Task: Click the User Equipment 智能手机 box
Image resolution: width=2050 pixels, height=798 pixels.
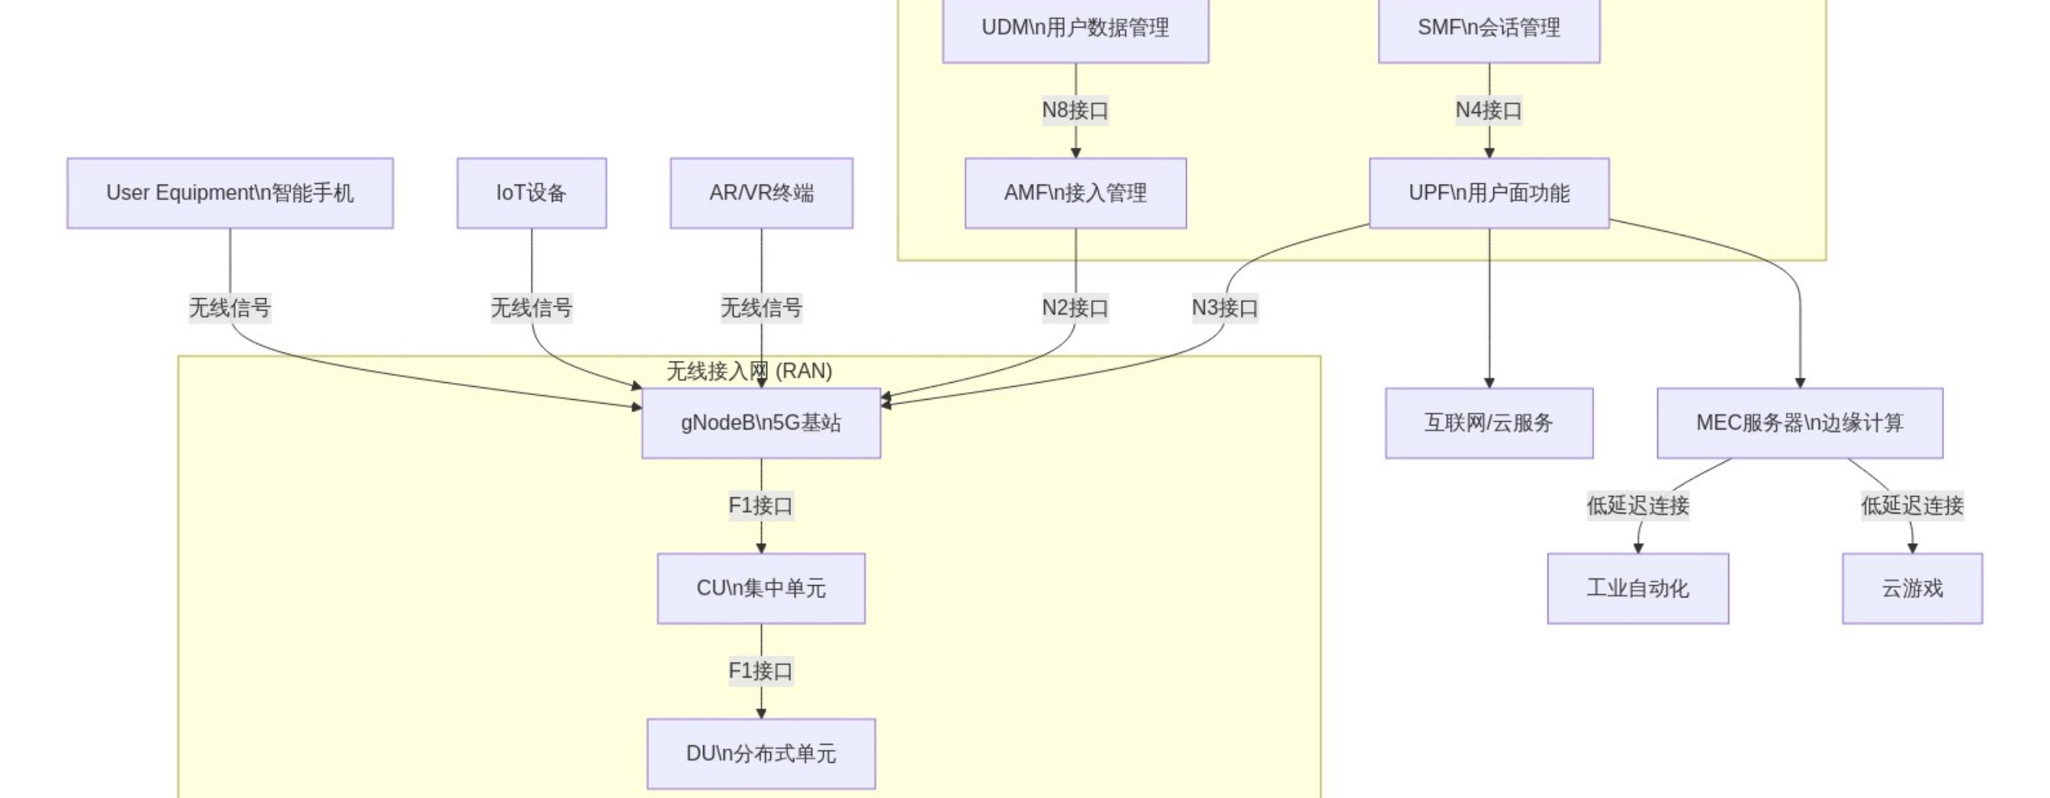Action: pos(230,194)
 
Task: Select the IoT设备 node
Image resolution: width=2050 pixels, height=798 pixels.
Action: pos(531,194)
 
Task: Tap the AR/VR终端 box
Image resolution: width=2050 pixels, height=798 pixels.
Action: pos(761,194)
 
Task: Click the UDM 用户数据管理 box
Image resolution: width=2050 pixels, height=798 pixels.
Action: pos(1075,29)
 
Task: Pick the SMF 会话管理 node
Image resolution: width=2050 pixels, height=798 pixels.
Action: pos(1488,29)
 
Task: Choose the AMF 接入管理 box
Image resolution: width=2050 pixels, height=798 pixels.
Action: pos(1075,194)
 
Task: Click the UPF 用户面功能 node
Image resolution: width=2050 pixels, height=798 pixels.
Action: pos(1488,194)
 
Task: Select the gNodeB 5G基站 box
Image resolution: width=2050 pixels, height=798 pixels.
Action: pos(761,423)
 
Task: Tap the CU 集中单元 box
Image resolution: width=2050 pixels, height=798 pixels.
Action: pos(761,588)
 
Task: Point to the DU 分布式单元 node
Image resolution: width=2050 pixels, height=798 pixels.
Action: pos(761,754)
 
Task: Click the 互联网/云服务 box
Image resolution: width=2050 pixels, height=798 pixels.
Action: pos(1488,423)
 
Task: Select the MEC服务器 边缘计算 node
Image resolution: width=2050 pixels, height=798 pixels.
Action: pos(1799,423)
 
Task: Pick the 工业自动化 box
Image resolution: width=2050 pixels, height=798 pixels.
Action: pos(1637,588)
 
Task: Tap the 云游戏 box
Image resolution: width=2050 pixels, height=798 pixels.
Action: pos(1911,588)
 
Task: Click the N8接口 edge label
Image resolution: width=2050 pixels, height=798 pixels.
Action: pos(1075,110)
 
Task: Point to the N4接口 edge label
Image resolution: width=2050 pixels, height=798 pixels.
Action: pos(1488,110)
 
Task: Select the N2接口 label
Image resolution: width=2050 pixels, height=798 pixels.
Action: pos(1075,307)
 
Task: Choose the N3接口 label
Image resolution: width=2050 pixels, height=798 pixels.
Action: pos(1224,307)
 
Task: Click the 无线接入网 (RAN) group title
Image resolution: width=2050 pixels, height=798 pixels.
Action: pos(749,371)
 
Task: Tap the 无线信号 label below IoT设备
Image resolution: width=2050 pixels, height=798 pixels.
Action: pos(531,307)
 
